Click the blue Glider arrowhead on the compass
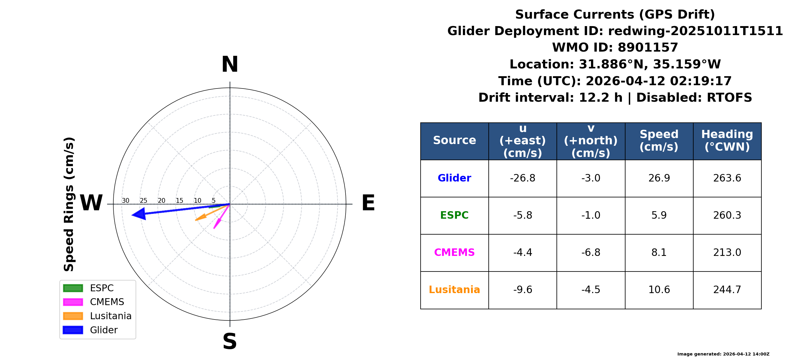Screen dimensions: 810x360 (139, 214)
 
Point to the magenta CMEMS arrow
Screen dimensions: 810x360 (222, 216)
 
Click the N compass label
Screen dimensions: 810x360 (230, 64)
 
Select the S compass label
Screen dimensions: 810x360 (230, 341)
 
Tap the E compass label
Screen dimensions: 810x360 (368, 203)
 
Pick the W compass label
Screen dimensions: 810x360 (91, 203)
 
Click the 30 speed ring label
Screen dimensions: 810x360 (125, 201)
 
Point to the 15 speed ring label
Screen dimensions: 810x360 (179, 201)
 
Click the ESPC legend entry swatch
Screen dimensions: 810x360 (73, 288)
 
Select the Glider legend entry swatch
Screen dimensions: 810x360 (73, 330)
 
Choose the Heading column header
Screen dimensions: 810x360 (727, 140)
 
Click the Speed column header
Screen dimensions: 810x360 (659, 140)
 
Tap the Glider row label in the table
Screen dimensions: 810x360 (454, 178)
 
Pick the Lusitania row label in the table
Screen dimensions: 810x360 (454, 289)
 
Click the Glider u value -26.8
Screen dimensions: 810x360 (523, 178)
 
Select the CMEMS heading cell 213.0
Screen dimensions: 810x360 (727, 253)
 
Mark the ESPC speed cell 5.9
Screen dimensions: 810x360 (659, 215)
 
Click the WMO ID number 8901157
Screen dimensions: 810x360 (648, 47)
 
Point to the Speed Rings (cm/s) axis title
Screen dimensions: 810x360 (69, 204)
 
